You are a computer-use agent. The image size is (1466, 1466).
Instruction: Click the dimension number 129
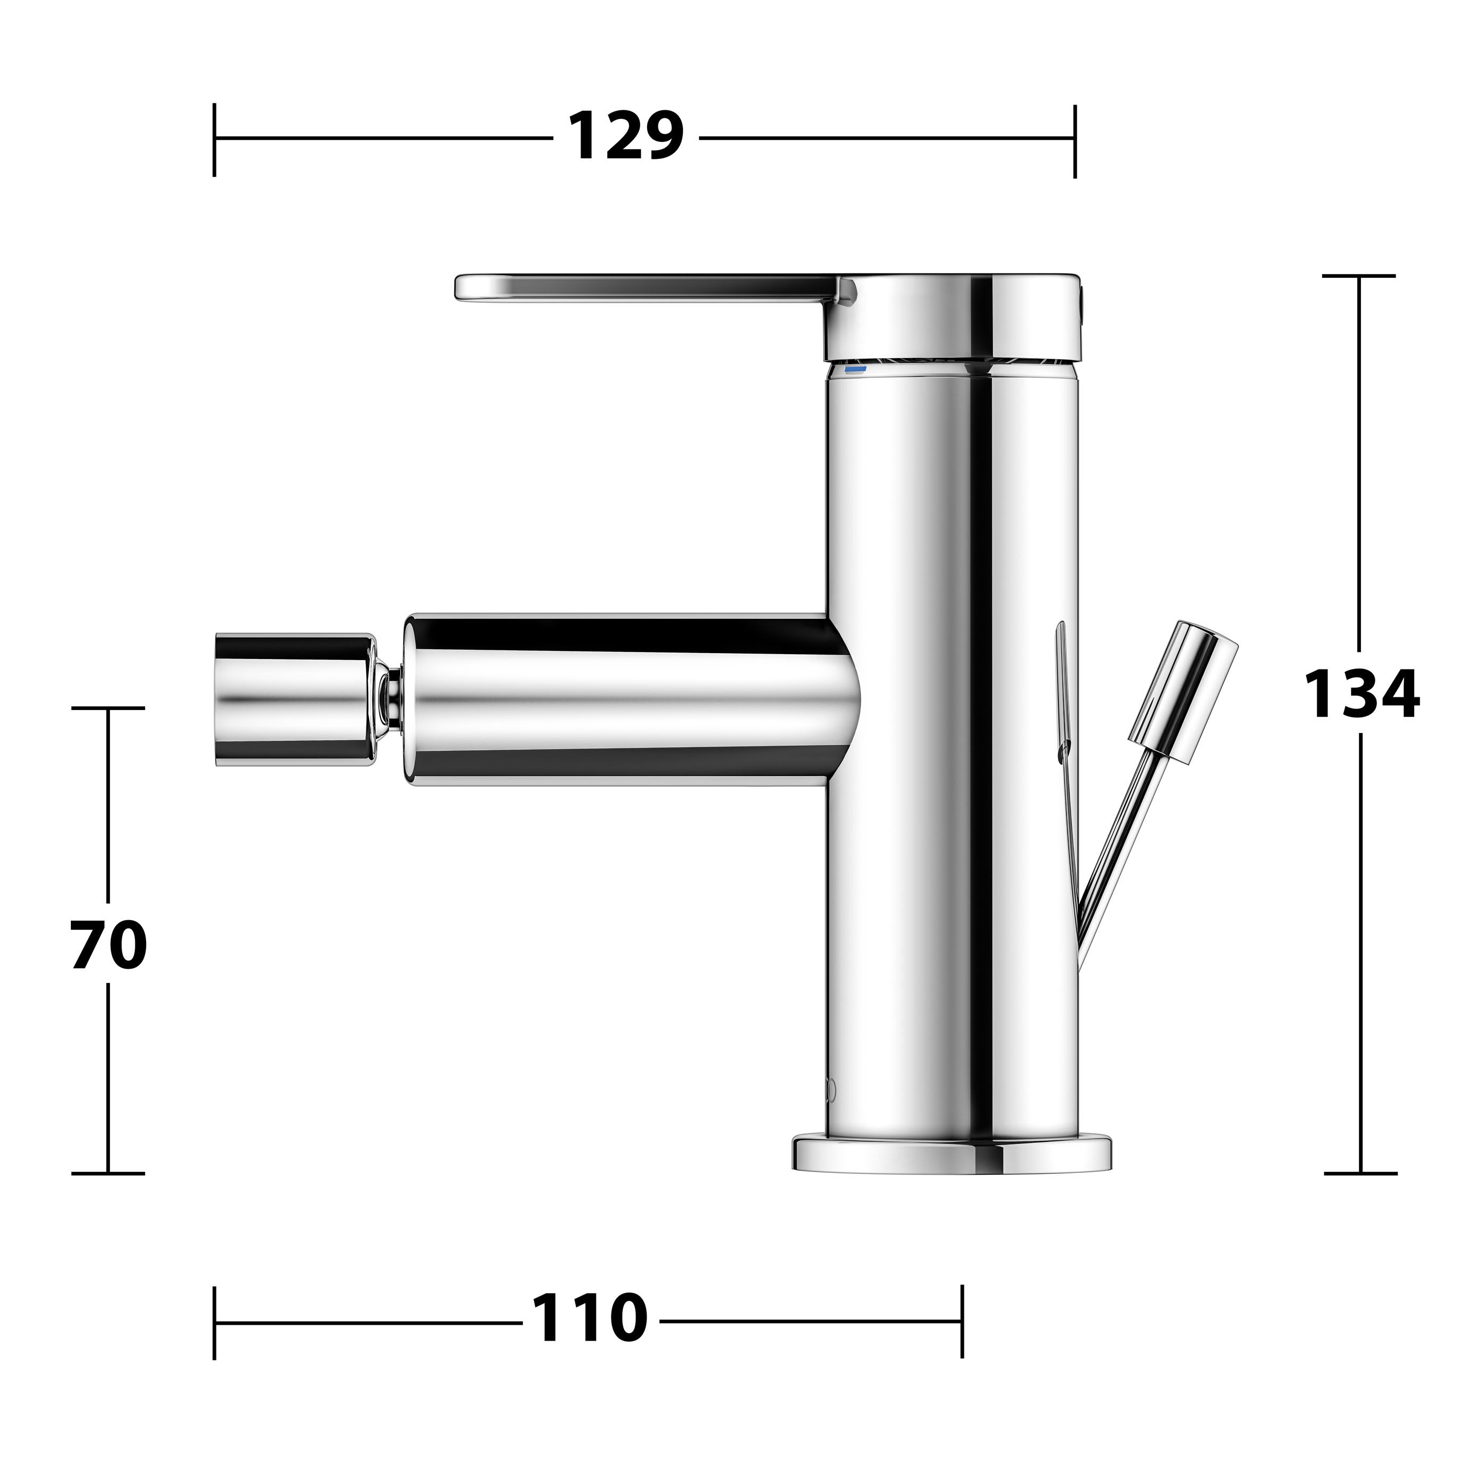point(625,136)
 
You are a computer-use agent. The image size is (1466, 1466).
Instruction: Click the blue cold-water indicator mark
point(855,369)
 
